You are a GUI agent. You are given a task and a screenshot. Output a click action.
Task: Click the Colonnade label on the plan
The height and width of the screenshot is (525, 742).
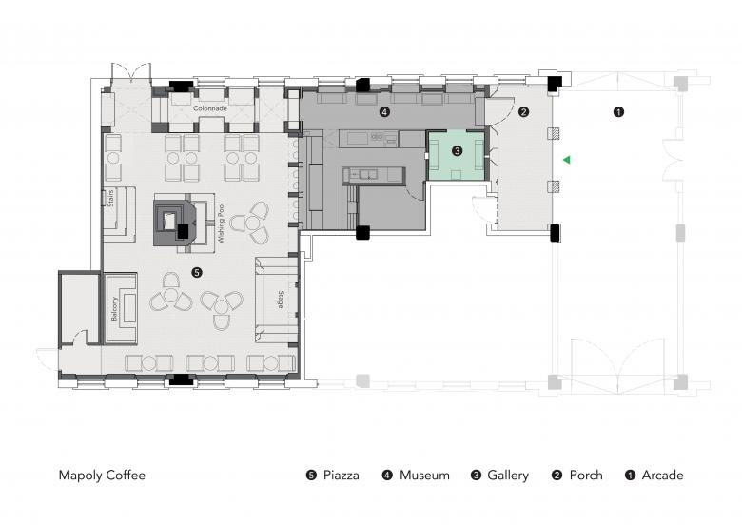tap(210, 108)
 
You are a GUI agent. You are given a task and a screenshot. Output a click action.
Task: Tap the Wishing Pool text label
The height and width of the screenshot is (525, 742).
tap(221, 224)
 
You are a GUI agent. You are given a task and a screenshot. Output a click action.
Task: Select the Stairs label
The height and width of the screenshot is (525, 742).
tap(111, 198)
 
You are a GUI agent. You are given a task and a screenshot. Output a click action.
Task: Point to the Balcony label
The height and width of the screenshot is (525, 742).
tap(114, 309)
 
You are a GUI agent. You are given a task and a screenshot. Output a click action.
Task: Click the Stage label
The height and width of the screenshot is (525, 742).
tap(281, 300)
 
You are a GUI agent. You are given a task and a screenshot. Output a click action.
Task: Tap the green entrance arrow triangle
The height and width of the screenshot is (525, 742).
tap(566, 160)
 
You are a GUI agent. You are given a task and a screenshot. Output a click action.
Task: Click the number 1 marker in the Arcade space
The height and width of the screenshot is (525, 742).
tap(618, 112)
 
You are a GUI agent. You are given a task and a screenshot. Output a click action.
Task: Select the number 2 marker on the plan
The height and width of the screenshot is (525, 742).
tap(523, 112)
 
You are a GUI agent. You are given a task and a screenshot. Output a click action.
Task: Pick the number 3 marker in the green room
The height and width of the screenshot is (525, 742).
tap(457, 151)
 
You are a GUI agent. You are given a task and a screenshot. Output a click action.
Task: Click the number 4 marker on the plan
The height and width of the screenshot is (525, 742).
tap(384, 112)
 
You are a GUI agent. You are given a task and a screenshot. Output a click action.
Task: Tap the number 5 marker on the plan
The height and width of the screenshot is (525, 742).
tap(196, 272)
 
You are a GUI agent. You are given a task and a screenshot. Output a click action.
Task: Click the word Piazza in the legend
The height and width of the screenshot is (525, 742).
tap(342, 476)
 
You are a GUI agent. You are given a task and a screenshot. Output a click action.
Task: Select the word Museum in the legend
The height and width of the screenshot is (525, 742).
tap(424, 476)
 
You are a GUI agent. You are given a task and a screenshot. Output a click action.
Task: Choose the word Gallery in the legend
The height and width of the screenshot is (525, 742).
tap(508, 476)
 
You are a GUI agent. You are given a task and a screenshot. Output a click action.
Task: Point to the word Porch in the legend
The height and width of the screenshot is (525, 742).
tap(586, 476)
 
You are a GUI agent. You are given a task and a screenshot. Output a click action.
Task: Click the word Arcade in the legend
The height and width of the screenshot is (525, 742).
tap(662, 476)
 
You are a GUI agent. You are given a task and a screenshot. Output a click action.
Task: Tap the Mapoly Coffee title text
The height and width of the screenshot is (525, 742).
tap(102, 476)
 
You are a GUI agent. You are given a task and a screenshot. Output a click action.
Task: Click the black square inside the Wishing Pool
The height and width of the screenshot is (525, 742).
tap(183, 231)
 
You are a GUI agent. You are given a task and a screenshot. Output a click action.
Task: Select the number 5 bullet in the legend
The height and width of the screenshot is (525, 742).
tap(311, 476)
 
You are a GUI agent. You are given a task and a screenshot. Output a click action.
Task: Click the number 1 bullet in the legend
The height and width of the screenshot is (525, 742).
tap(630, 476)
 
